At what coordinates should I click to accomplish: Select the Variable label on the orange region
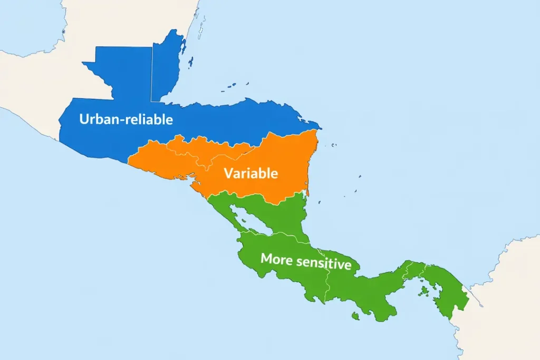coord(250,173)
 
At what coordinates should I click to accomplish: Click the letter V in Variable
coord(228,173)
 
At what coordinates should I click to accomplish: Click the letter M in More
coord(266,258)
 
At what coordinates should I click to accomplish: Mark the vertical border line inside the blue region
coord(152,74)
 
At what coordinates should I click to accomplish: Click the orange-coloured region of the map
coord(274,158)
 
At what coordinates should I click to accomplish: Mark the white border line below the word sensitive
coord(327,285)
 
